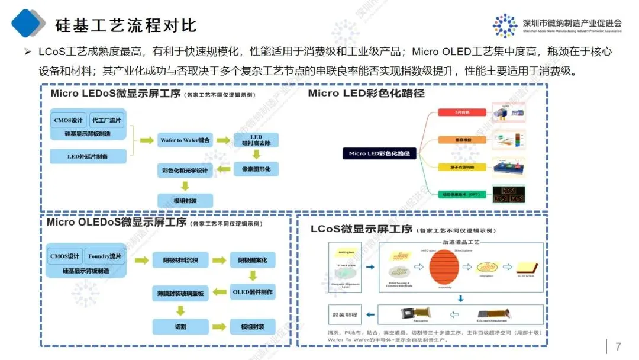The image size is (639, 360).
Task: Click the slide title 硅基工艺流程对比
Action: coord(125,25)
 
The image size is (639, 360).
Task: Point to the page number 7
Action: coord(618,346)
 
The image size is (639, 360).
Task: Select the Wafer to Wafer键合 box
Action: coord(185,140)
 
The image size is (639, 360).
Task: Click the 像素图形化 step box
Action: coord(257,169)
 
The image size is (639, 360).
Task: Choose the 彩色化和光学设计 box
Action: coord(185,171)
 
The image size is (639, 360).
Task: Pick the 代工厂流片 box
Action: coord(107,120)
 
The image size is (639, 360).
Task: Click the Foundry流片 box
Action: coord(104,256)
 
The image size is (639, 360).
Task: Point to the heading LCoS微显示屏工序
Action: coord(361,229)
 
